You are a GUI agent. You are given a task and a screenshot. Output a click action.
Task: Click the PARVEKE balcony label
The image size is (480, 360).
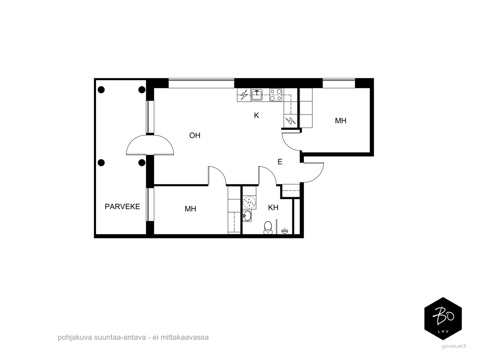[122, 207]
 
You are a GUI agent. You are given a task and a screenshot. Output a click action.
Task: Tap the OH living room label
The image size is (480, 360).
[195, 136]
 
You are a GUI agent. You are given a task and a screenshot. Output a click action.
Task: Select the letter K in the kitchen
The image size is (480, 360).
[256, 115]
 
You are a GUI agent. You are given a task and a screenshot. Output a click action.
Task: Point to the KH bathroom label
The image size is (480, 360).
[273, 208]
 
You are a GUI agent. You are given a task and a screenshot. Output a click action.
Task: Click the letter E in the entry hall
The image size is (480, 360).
[280, 162]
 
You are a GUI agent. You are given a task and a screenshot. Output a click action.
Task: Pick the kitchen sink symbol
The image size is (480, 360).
[256, 95]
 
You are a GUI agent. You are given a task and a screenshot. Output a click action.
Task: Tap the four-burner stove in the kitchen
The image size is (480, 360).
[276, 95]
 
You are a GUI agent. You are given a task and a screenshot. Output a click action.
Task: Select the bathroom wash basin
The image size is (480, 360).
[247, 216]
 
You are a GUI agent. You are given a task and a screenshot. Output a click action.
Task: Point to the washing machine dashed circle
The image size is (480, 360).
[249, 202]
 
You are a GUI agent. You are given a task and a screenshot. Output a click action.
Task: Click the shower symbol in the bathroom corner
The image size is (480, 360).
[284, 231]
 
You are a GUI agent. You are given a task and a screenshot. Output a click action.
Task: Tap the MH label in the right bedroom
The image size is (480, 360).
[340, 121]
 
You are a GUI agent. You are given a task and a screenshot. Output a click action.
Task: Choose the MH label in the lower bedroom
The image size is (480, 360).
[190, 209]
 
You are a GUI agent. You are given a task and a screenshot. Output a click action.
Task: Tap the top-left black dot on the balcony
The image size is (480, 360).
[101, 90]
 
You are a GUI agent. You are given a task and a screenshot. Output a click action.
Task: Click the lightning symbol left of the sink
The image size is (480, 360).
[244, 95]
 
